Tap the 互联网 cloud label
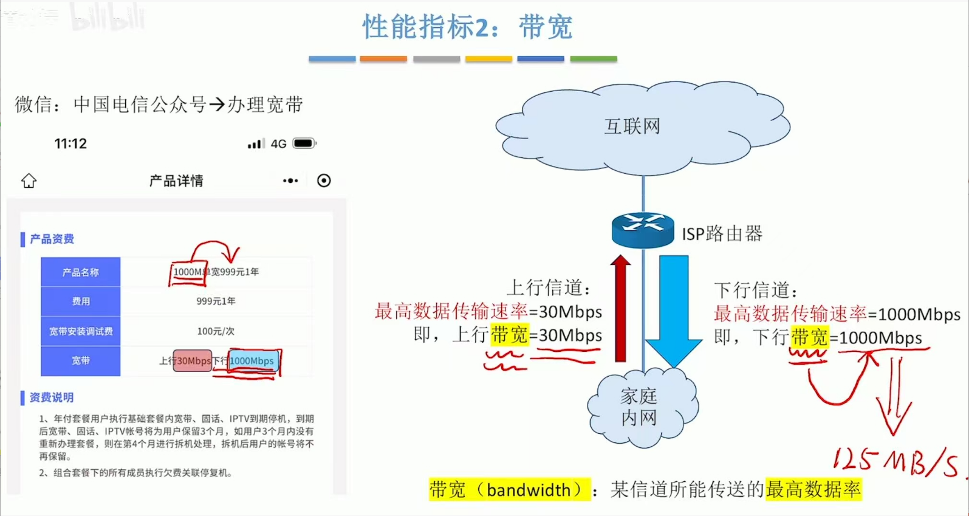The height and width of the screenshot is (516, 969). [x=632, y=126]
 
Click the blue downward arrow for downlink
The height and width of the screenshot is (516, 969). [x=674, y=310]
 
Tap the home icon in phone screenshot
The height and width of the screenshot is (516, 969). [x=29, y=181]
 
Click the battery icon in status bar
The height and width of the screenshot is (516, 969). [x=304, y=143]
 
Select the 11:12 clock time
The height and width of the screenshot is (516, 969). [x=70, y=144]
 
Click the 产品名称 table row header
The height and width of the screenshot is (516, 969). [x=80, y=272]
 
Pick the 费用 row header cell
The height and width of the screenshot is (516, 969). [x=80, y=301]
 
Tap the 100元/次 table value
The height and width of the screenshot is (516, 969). [x=216, y=331]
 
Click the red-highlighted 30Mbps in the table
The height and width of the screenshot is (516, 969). [x=193, y=361]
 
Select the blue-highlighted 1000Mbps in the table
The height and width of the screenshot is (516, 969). [x=252, y=361]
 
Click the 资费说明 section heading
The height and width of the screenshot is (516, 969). [x=51, y=397]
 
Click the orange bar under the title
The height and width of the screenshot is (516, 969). [x=383, y=59]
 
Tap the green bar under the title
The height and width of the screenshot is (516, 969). [x=594, y=59]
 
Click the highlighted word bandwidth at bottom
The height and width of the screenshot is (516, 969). [x=528, y=490]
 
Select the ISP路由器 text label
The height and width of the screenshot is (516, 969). [x=722, y=234]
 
